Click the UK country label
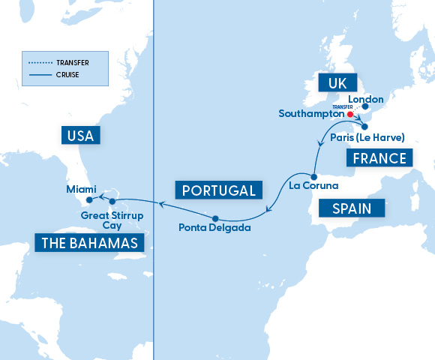[x=336, y=82]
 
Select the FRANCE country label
[x=380, y=158]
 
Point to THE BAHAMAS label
[x=88, y=243]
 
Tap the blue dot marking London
[x=365, y=107]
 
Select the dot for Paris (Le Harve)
[x=364, y=127]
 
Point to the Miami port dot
[x=89, y=199]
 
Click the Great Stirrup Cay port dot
[x=112, y=202]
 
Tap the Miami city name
[x=80, y=189]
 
